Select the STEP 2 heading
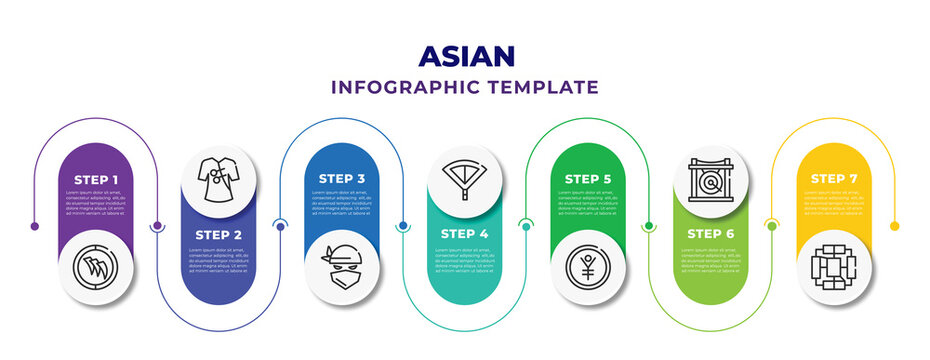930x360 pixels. (219, 233)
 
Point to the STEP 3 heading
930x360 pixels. (342, 178)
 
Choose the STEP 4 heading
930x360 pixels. (465, 233)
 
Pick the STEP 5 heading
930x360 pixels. (588, 178)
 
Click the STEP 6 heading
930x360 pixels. (711, 233)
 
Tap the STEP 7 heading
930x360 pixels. (835, 178)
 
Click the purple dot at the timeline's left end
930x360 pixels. (35, 226)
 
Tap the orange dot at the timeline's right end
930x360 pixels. (895, 226)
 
